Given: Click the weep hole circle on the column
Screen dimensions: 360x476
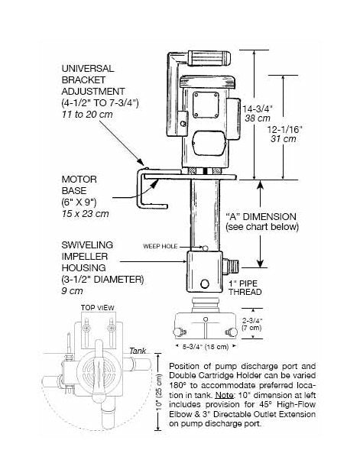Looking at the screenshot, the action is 206,248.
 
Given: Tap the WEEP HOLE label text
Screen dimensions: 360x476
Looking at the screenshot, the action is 160,246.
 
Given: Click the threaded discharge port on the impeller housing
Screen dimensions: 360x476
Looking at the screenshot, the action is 231,266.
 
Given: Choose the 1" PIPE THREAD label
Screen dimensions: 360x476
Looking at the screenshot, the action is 245,288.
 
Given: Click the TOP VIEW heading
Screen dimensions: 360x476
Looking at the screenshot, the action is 98,307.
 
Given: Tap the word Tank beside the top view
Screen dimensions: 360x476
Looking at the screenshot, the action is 138,351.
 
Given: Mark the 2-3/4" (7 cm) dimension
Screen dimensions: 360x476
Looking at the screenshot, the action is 251,324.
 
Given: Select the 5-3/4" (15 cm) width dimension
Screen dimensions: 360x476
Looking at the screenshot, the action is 206,346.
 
